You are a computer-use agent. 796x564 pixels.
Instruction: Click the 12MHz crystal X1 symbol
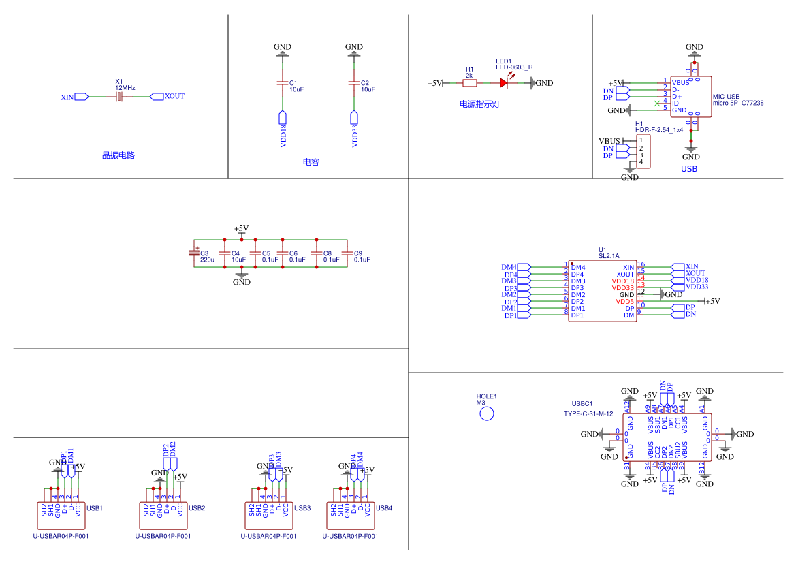pyautogui.click(x=119, y=97)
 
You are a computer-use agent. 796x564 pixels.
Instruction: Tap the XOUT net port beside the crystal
pyautogui.click(x=157, y=96)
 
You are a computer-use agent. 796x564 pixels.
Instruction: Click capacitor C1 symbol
pyautogui.click(x=283, y=83)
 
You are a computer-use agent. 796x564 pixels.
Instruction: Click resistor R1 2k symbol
pyautogui.click(x=470, y=83)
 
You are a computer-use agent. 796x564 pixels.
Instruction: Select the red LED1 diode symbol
pyautogui.click(x=504, y=83)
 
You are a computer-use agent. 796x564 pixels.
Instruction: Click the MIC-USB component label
pyautogui.click(x=726, y=97)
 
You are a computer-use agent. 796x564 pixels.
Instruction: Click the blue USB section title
pyautogui.click(x=689, y=168)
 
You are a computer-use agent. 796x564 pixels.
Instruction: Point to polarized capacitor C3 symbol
pyautogui.click(x=194, y=253)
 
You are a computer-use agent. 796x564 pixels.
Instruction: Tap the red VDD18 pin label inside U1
pyautogui.click(x=622, y=281)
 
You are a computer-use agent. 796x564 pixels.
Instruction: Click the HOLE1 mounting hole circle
pyautogui.click(x=487, y=413)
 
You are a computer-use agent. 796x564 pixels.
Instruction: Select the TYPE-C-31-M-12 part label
pyautogui.click(x=588, y=413)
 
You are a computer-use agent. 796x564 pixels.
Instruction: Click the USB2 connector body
pyautogui.click(x=163, y=515)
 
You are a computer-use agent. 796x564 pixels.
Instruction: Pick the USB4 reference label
pyautogui.click(x=384, y=508)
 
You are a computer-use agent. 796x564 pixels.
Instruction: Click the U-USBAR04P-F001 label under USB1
pyautogui.click(x=61, y=537)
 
